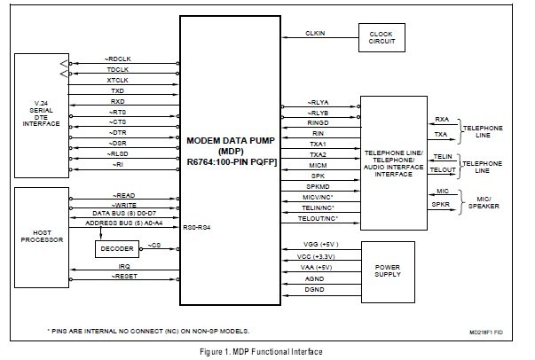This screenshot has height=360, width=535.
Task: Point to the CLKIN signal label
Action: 315,34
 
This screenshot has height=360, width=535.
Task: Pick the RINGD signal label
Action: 317,122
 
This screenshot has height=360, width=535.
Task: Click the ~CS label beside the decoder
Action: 154,246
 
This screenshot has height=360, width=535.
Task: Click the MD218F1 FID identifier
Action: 496,331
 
